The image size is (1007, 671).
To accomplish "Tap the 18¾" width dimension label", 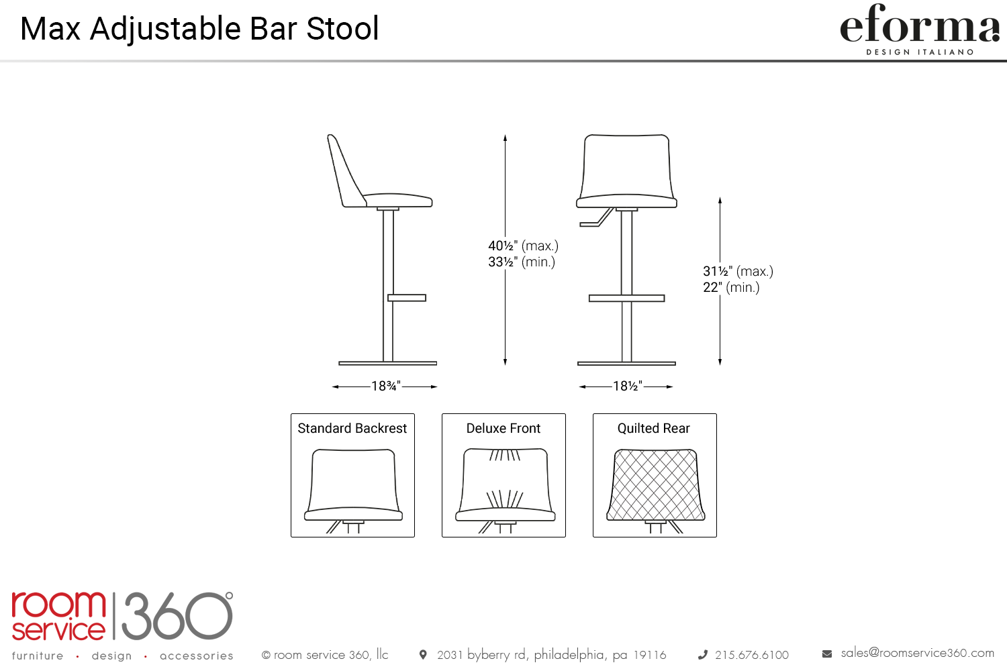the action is [386, 386].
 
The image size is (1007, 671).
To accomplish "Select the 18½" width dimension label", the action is [628, 386].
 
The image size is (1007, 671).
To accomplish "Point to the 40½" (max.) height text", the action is [523, 246].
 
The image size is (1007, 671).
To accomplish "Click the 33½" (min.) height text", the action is [522, 262].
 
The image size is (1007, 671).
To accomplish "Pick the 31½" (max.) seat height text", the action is [738, 271].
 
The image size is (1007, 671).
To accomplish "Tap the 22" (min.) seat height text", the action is [732, 287].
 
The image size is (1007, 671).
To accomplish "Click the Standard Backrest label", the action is [352, 428].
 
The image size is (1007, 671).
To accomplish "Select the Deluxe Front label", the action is [503, 428].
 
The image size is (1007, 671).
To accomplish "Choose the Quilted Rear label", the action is [654, 428].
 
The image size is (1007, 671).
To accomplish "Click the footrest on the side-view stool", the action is [407, 297].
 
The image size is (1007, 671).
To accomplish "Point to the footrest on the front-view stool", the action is [626, 298].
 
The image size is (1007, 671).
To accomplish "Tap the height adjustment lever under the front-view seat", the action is [597, 217].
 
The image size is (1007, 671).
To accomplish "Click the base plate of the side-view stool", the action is [387, 363].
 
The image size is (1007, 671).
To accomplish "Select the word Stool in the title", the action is [342, 29].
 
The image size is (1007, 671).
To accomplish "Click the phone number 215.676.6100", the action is [752, 655].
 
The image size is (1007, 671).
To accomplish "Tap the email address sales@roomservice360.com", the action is [918, 653].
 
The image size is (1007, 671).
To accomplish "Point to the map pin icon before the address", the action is [423, 655].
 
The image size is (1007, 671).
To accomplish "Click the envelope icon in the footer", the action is [827, 654].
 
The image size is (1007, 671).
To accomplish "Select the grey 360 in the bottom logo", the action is [177, 616].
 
